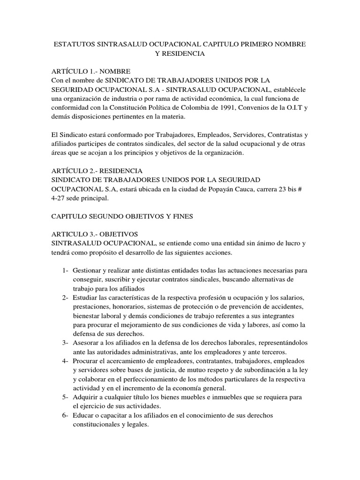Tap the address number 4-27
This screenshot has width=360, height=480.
pos(58,198)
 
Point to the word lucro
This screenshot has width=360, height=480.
pos(291,244)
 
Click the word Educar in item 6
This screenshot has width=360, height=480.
pos(83,416)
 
